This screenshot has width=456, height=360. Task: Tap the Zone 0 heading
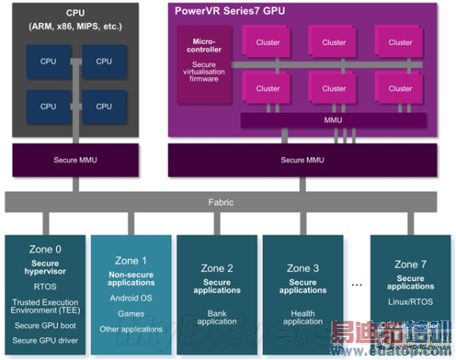tap(46, 250)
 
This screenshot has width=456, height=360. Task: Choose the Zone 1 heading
tap(131, 261)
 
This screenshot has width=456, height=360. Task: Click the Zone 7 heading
tap(410, 265)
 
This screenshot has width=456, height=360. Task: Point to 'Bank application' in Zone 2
tap(217, 317)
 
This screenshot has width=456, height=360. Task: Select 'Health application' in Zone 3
tap(303, 317)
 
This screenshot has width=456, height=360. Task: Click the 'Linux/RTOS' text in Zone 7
tap(410, 303)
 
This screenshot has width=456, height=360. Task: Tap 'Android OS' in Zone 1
tap(131, 298)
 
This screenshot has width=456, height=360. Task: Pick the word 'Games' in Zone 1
tap(131, 314)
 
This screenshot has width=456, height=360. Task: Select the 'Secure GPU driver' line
tap(46, 340)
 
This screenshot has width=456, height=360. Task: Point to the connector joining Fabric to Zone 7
tap(410, 222)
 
